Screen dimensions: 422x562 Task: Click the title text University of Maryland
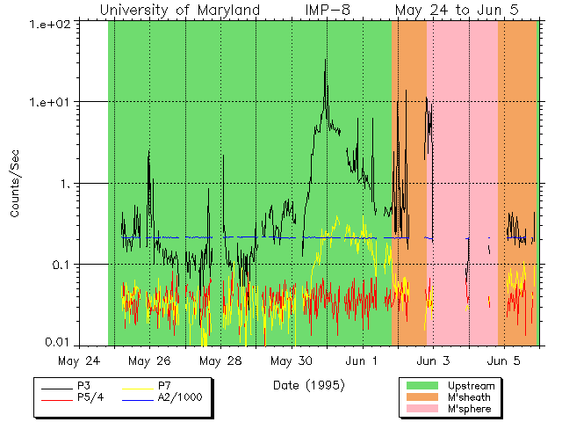point(179,11)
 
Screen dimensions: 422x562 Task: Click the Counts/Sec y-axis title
point(15,184)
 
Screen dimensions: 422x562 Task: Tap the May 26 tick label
point(149,360)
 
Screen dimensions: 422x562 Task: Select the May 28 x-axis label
point(220,360)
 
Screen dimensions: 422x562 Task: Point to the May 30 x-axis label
point(291,360)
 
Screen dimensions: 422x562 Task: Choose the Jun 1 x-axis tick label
point(362,360)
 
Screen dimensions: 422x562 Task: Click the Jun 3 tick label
point(433,360)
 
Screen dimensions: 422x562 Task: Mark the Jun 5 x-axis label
point(503,360)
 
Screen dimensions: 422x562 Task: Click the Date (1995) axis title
point(308,385)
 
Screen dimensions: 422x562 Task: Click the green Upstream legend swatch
point(422,385)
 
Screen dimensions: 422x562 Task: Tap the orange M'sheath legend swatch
point(422,397)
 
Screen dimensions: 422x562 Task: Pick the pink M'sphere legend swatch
point(422,410)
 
